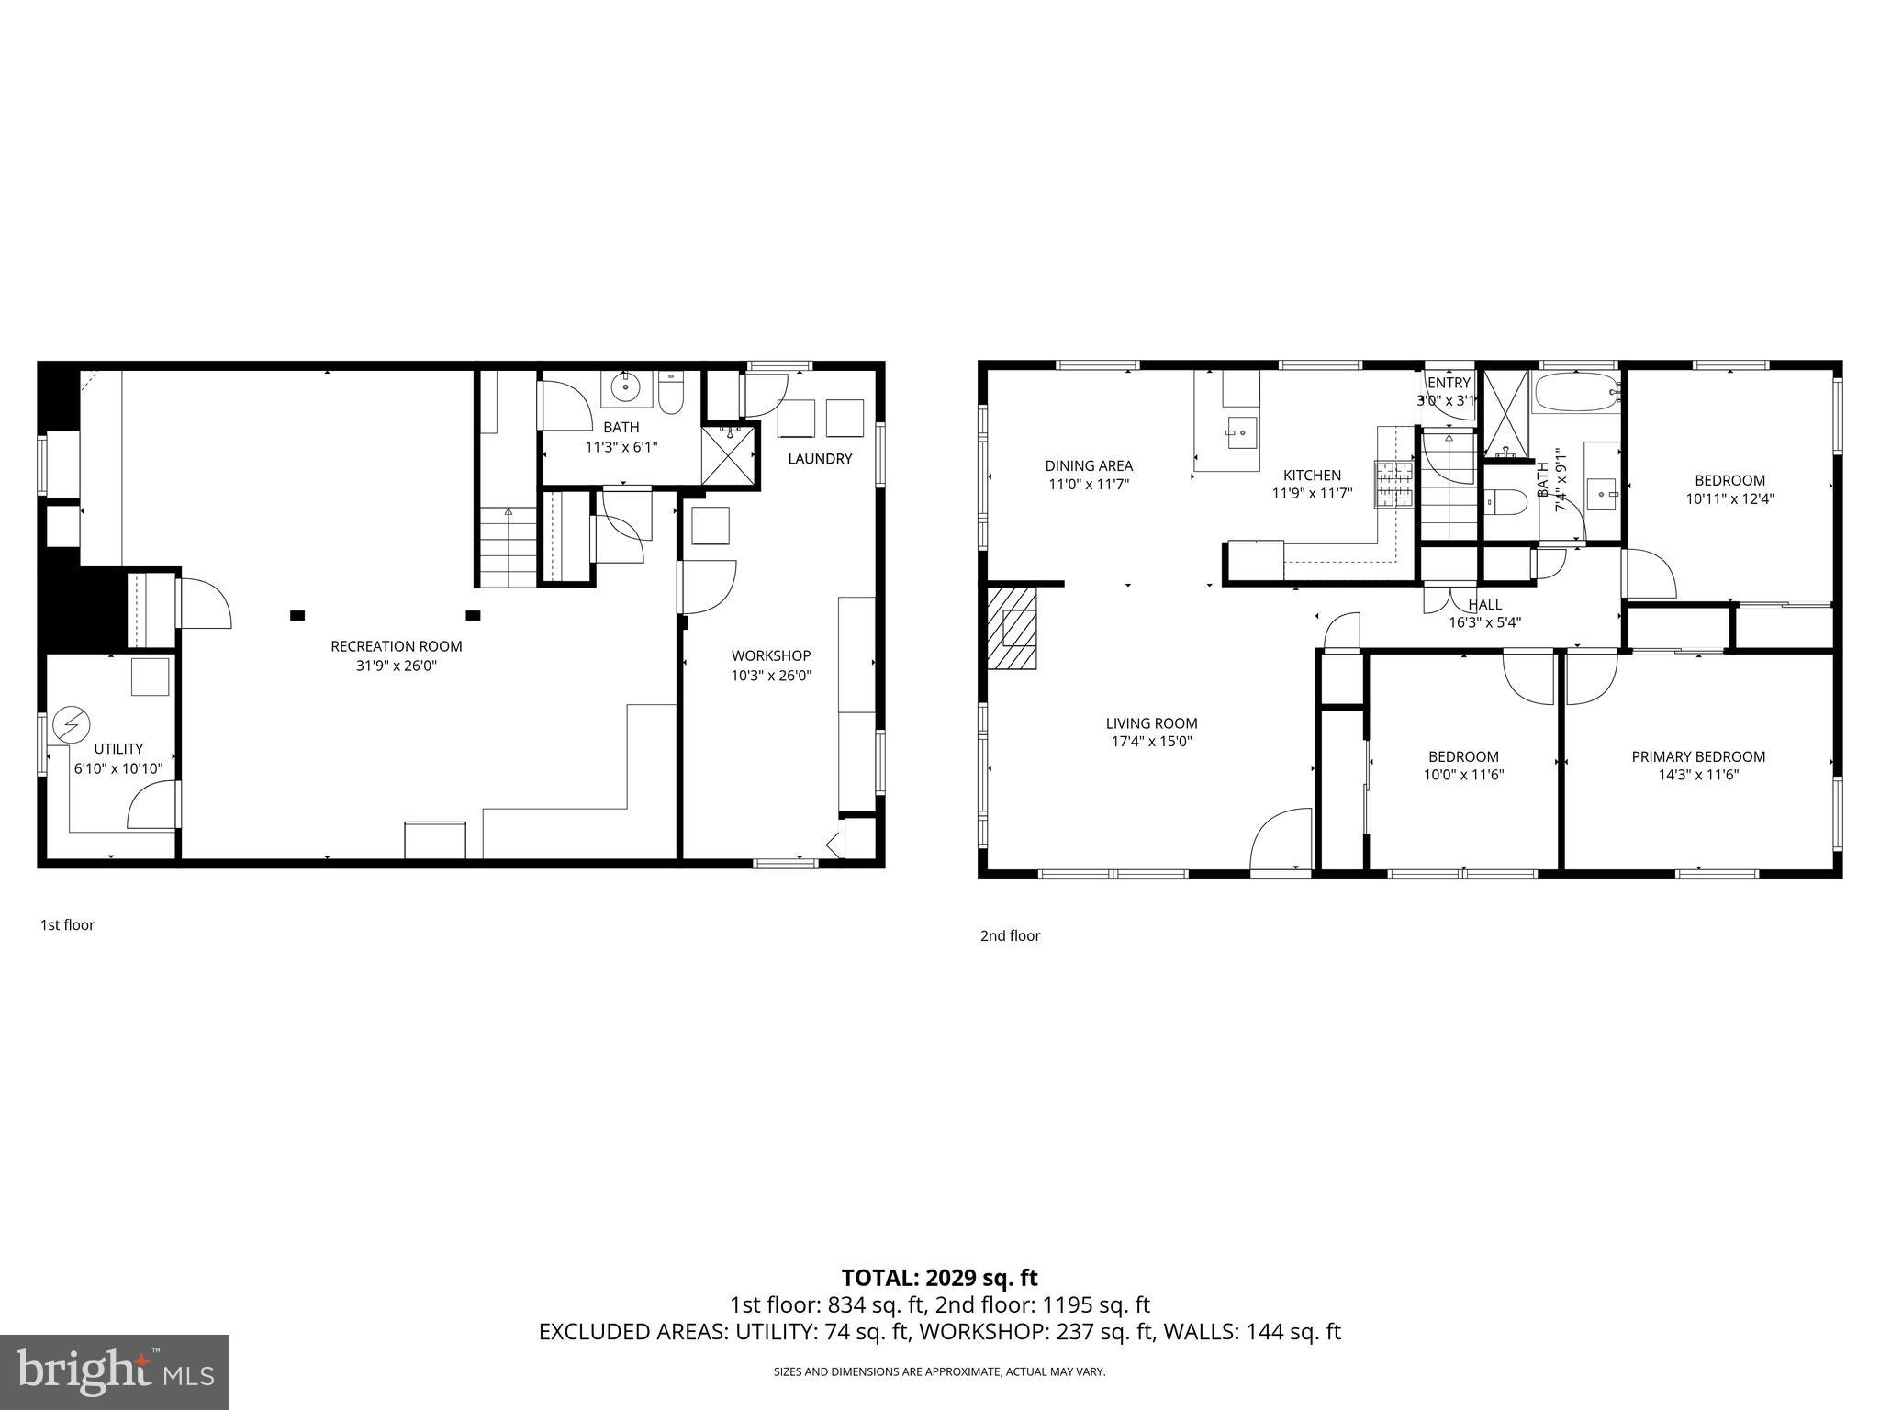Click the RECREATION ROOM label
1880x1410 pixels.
tap(396, 646)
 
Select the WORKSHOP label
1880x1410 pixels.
tap(770, 655)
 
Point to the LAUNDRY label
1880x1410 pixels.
tap(820, 459)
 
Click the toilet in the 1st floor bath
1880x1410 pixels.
tap(671, 393)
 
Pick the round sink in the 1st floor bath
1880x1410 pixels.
tap(626, 387)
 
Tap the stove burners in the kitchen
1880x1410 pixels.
tap(1393, 485)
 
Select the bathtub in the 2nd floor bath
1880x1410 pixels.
tap(1576, 393)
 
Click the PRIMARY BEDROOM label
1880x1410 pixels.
tap(1697, 756)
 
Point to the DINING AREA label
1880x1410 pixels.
tap(1089, 465)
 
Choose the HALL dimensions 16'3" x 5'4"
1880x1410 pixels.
tap(1484, 622)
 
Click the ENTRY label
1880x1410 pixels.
tap(1449, 383)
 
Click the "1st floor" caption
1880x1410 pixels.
tap(67, 924)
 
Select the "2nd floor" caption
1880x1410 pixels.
tap(1010, 935)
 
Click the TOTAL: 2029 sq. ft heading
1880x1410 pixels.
tap(939, 1278)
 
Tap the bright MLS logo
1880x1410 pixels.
tap(115, 1371)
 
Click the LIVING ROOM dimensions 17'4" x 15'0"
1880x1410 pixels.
tap(1151, 742)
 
